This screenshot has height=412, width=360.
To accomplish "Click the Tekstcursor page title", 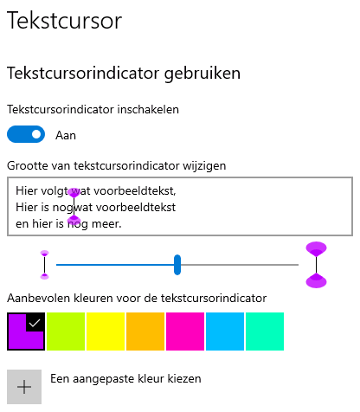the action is (x=64, y=21).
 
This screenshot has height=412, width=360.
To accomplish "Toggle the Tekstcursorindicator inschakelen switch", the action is (x=26, y=134).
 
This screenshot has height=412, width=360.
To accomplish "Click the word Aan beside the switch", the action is (x=66, y=135).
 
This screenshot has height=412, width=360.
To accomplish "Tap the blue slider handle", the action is (x=177, y=265).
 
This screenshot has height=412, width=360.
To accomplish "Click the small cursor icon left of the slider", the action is (x=44, y=265).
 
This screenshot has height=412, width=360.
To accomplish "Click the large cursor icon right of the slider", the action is (x=316, y=265).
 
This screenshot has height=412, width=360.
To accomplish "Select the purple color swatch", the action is (x=26, y=332).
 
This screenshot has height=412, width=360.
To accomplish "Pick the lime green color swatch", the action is (x=66, y=332).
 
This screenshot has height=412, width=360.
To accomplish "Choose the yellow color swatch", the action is (x=106, y=332).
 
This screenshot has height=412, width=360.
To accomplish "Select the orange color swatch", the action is (x=145, y=332).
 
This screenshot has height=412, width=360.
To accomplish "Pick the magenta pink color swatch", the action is (x=185, y=332).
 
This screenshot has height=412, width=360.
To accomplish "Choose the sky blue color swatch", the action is (x=225, y=332).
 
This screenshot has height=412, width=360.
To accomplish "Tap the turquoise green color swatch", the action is (x=265, y=332).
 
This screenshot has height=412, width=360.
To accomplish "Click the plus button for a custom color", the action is (x=24, y=387).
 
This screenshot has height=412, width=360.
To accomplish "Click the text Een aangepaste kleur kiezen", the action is (x=125, y=379).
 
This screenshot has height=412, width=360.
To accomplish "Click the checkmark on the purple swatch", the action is (x=35, y=323).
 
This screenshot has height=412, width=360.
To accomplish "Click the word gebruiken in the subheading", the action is (x=202, y=74).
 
